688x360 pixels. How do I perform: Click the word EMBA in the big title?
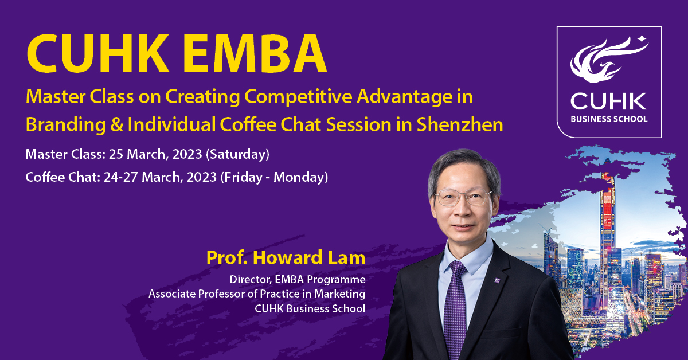click(255, 53)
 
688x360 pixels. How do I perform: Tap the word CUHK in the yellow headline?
click(98, 53)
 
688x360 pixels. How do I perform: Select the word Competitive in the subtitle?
click(298, 97)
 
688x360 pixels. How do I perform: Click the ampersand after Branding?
click(116, 125)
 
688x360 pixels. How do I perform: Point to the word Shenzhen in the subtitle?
click(460, 125)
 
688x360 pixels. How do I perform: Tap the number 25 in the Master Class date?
click(115, 154)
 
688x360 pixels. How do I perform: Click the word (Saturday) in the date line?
click(237, 155)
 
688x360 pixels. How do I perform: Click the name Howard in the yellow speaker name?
click(287, 258)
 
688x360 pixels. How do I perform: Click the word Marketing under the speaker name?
click(339, 294)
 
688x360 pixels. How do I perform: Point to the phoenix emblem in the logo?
click(605, 60)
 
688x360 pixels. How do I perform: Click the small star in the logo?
click(642, 39)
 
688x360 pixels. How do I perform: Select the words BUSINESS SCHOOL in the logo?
click(609, 119)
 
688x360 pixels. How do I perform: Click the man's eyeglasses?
click(464, 197)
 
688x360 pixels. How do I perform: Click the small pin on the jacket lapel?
click(497, 280)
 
